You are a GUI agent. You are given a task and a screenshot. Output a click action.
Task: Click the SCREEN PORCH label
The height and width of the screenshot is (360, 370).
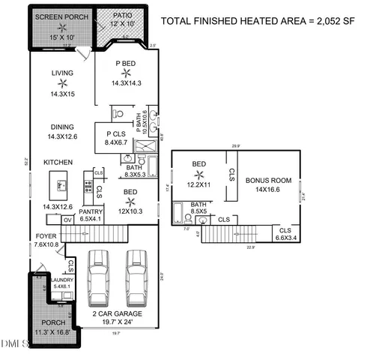pyautogui.click(x=62, y=16)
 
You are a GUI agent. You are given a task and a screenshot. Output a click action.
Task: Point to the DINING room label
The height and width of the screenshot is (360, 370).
pyautogui.click(x=63, y=127)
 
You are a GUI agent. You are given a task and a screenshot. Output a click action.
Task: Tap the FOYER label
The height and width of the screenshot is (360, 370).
pyautogui.click(x=46, y=235)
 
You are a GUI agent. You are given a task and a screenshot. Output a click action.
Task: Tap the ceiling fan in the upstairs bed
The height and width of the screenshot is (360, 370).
pyautogui.click(x=198, y=174)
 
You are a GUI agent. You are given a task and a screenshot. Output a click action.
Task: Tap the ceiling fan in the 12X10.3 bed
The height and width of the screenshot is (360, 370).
pyautogui.click(x=129, y=201)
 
